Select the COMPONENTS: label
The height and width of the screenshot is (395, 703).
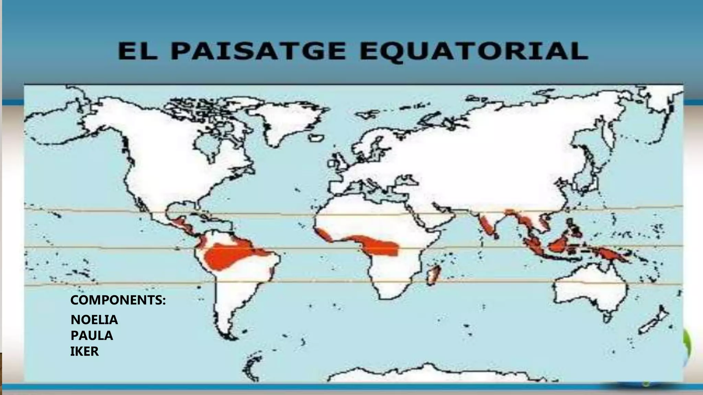[x=118, y=300]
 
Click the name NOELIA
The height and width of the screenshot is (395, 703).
[x=94, y=320]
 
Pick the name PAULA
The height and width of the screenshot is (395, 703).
[x=92, y=336]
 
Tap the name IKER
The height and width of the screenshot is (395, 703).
[x=84, y=351]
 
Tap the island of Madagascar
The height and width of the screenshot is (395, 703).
[x=434, y=274]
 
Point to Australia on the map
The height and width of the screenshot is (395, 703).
[x=590, y=291]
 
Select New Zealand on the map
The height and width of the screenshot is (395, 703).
[x=654, y=322]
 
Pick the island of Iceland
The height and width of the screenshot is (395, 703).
[x=316, y=138]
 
